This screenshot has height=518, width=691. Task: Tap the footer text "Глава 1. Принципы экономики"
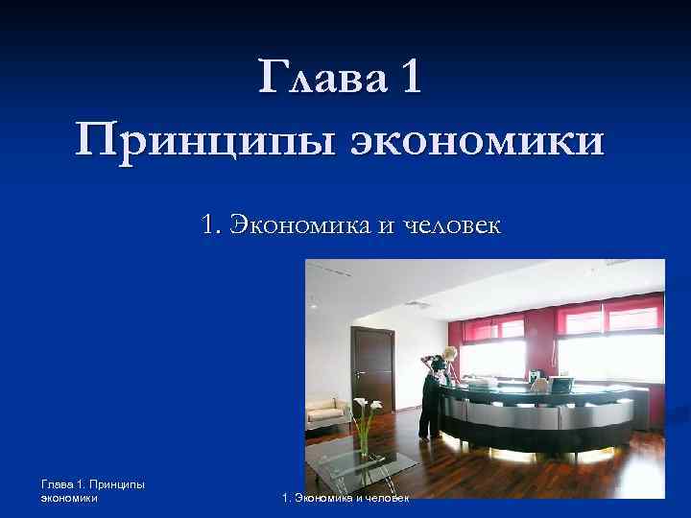pyautogui.click(x=92, y=491)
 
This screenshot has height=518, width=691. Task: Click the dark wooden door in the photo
pyautogui.click(x=371, y=369)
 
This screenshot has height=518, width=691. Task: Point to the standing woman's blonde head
pyautogui.click(x=448, y=351)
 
